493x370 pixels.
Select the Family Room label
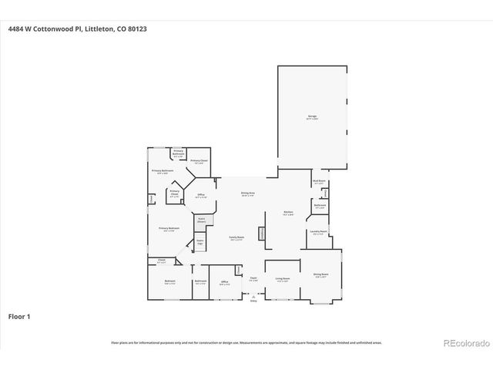tap(236, 238)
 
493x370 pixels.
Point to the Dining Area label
tap(248, 195)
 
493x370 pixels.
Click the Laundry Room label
tap(319, 231)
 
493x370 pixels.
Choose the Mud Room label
tap(318, 182)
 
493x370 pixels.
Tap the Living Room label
tap(283, 279)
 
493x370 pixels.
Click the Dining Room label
tap(320, 274)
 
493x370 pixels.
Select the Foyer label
tap(253, 277)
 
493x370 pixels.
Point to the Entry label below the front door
tap(253, 301)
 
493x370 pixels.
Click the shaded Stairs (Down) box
tap(200, 220)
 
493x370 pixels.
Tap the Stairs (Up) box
tap(200, 242)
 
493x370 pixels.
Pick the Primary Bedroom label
tap(169, 229)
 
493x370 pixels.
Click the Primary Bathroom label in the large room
tap(159, 172)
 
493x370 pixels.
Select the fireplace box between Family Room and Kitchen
tap(262, 234)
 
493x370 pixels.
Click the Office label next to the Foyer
tap(225, 282)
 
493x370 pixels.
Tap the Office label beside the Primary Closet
tap(200, 197)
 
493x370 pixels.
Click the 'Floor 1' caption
tap(19, 316)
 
